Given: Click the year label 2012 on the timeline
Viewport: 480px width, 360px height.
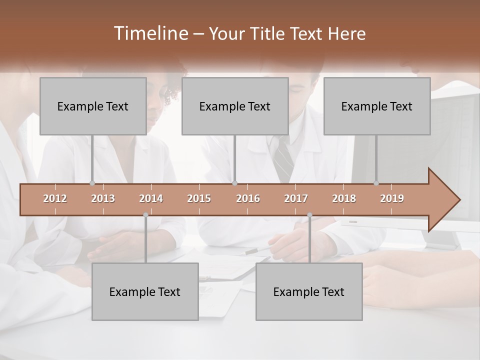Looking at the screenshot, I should [x=55, y=198].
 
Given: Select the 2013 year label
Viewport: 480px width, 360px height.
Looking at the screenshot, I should [x=103, y=198].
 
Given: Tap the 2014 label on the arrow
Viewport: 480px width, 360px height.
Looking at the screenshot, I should [x=151, y=198].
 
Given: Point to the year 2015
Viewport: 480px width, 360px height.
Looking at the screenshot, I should [x=199, y=198].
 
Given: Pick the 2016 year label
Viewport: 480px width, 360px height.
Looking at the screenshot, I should [x=248, y=198].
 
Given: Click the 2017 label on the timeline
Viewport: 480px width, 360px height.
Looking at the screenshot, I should [x=296, y=198].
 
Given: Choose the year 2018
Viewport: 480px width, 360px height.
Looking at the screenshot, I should [x=344, y=198].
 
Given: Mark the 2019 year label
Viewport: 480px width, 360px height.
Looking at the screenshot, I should [x=392, y=198].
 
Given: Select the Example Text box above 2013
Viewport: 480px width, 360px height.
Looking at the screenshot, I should [x=93, y=106].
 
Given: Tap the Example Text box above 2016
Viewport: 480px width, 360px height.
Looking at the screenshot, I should [x=235, y=106].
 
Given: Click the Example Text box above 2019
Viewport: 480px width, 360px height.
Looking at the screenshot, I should [x=377, y=106].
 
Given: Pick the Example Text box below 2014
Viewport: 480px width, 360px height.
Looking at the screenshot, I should [x=145, y=292].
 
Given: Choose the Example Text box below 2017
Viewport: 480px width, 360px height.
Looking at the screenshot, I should [x=309, y=292].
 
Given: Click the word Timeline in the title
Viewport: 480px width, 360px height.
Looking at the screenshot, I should [x=150, y=33].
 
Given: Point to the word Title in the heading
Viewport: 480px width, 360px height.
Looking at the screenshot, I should [x=268, y=34].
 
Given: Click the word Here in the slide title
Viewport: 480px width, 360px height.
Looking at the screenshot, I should [x=346, y=34].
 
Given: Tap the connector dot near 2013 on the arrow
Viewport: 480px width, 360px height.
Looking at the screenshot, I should [x=92, y=183].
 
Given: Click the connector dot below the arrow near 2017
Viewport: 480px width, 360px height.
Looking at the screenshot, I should [x=309, y=215].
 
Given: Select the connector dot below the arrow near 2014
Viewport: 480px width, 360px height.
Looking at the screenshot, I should [x=145, y=215].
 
